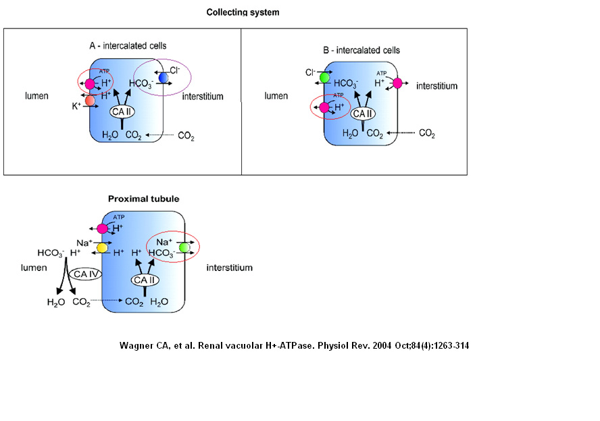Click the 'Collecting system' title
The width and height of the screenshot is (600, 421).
243,12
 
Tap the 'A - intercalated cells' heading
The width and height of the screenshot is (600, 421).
128,46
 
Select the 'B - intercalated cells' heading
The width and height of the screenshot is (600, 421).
361,50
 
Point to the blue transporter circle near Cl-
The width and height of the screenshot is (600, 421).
164,78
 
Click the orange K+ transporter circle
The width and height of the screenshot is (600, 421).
90,100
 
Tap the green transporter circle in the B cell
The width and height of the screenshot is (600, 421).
324,77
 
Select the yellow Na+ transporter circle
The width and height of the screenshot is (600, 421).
102,248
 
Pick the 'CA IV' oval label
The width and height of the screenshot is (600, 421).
85,274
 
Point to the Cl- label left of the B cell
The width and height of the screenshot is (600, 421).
310,72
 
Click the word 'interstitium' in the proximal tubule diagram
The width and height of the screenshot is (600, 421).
230,268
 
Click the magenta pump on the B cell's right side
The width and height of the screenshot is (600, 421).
397,83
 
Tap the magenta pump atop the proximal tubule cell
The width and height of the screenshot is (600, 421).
103,228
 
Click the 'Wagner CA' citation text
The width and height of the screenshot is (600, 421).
294,345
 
